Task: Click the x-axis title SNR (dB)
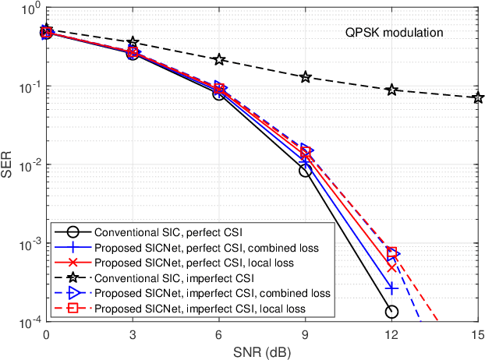click(x=262, y=351)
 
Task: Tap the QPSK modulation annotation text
click(x=395, y=33)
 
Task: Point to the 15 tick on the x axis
click(x=478, y=334)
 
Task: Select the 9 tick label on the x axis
click(x=306, y=334)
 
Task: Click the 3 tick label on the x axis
click(x=133, y=334)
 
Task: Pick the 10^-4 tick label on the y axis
click(x=29, y=323)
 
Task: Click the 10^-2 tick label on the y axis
click(x=29, y=165)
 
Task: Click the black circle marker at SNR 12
click(x=391, y=312)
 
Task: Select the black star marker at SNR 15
click(x=478, y=97)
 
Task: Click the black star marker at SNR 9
click(x=306, y=77)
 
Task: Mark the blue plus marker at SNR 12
click(x=391, y=288)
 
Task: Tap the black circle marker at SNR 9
click(x=306, y=171)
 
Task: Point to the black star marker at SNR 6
click(x=219, y=59)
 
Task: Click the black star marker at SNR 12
click(x=391, y=90)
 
